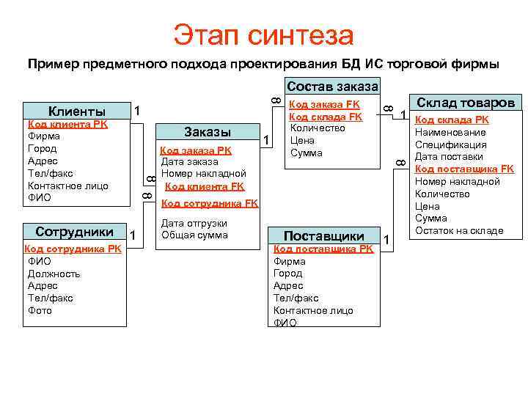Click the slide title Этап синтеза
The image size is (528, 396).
[263, 34]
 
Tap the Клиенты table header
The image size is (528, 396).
[77, 111]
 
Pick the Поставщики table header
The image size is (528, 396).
[324, 236]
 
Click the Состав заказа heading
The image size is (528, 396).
[332, 86]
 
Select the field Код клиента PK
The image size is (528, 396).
[67, 125]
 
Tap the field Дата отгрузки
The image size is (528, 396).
[194, 223]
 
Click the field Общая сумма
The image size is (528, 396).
[194, 235]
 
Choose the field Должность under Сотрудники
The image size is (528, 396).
[54, 274]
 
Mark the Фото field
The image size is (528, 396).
[40, 310]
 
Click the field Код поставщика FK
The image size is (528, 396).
[464, 169]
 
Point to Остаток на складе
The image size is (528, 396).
[459, 230]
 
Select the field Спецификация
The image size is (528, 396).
[449, 144]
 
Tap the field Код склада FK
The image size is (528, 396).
[326, 117]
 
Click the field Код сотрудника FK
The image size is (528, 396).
[209, 203]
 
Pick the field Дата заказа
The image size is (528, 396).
[189, 161]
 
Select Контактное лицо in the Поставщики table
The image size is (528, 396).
[313, 310]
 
